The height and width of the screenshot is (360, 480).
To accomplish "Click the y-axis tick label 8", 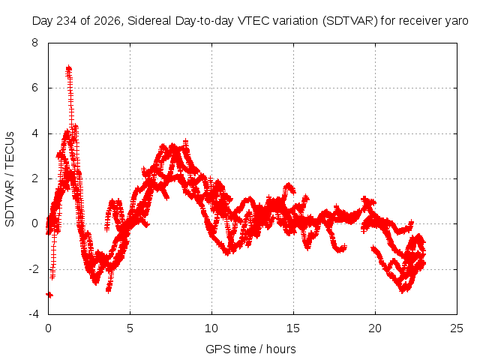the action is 34,43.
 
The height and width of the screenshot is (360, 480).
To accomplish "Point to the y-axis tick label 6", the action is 34,88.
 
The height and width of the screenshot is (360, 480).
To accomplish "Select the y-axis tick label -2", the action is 33,269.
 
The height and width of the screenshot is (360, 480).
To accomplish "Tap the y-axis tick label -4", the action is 33,314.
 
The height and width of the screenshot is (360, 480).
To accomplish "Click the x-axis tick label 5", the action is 130,328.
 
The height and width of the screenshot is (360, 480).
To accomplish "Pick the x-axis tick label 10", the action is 211,328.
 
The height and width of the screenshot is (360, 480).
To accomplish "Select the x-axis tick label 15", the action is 293,328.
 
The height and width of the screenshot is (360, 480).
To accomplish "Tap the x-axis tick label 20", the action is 375,328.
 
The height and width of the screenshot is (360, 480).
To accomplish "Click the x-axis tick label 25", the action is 457,328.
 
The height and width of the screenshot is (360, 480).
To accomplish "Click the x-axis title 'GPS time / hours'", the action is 250,349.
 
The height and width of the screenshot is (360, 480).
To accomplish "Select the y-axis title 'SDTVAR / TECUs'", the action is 10,179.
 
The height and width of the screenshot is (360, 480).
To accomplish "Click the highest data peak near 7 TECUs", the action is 68,68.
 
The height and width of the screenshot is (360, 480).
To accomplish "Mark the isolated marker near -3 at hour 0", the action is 49,295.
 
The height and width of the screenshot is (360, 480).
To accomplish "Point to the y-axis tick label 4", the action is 34,133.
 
